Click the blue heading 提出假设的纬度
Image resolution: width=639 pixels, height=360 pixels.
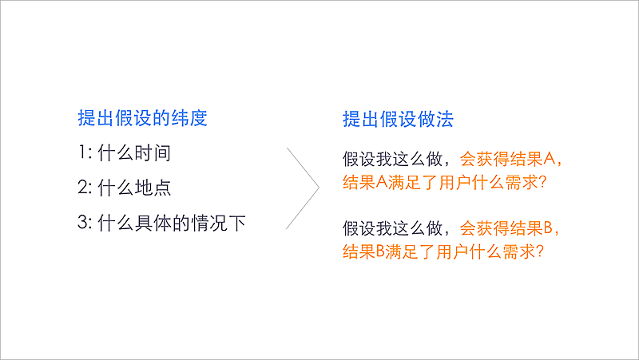click(x=142, y=119)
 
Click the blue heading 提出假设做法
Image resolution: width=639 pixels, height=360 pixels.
click(x=397, y=120)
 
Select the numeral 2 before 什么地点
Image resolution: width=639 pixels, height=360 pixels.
click(x=82, y=188)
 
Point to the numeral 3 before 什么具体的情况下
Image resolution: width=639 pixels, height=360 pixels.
click(x=82, y=224)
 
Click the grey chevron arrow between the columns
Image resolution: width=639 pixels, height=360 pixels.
click(x=307, y=187)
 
